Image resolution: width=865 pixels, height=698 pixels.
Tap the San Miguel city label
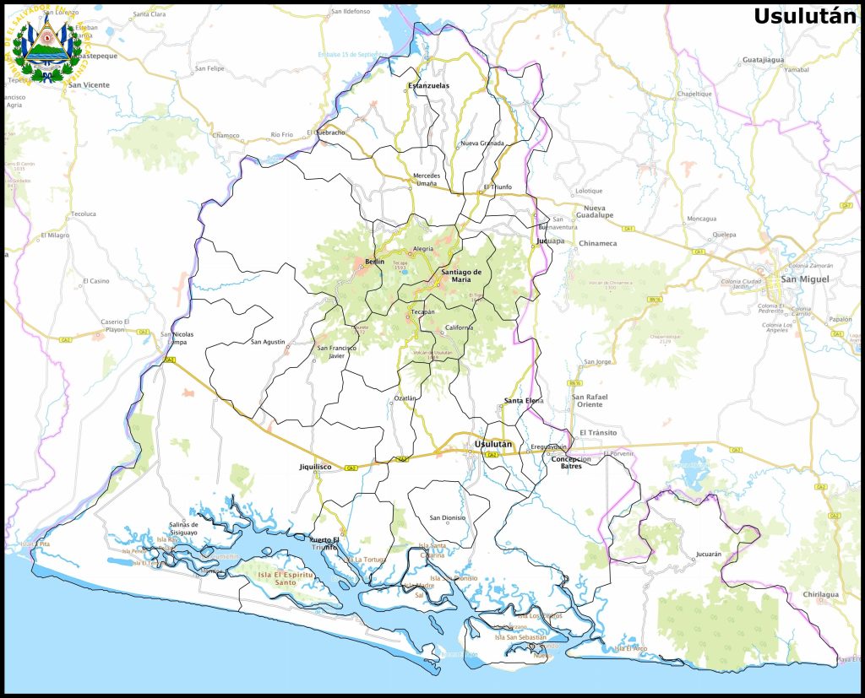pyautogui.click(x=804, y=279)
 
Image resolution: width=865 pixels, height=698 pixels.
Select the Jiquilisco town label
pyautogui.click(x=315, y=466)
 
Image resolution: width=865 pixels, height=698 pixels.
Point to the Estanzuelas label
pyautogui.click(x=429, y=85)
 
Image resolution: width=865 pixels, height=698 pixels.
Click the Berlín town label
pyautogui.click(x=374, y=262)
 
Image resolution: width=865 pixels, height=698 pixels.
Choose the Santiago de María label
pyautogui.click(x=461, y=275)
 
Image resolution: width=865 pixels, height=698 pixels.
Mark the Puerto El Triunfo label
pyautogui.click(x=324, y=544)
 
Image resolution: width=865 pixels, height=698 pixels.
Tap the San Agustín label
pyautogui.click(x=268, y=342)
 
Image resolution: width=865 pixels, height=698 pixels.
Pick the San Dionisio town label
pyautogui.click(x=448, y=517)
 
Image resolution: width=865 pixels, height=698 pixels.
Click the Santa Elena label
pyautogui.click(x=524, y=400)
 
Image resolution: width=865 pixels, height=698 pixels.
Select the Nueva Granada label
pyautogui.click(x=481, y=143)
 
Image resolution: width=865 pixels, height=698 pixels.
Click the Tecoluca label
pyautogui.click(x=84, y=214)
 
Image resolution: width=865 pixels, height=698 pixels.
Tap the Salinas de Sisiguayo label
pyautogui.click(x=183, y=528)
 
